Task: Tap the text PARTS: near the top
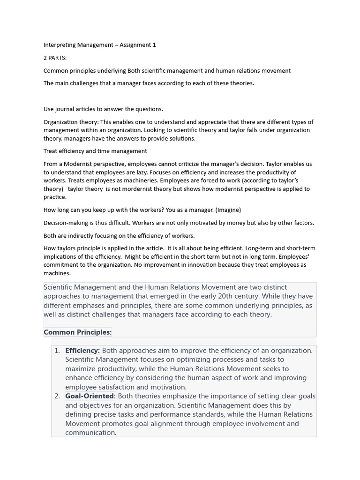point(58,58)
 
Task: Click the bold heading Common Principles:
point(77,332)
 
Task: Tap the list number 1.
point(57,351)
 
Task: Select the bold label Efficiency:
point(82,351)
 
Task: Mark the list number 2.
point(57,396)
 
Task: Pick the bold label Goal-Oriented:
point(90,396)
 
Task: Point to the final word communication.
point(90,433)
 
